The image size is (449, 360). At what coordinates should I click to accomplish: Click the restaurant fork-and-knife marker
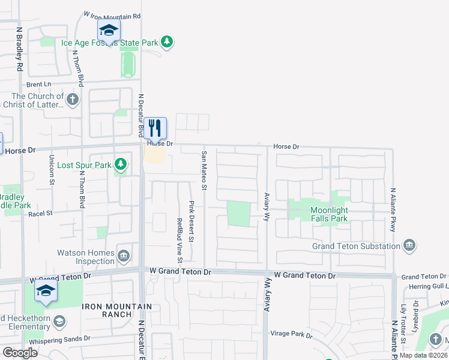(x=155, y=128)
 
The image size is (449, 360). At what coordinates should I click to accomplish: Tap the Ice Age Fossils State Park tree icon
(x=167, y=42)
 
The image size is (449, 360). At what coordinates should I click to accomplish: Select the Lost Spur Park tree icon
(x=121, y=164)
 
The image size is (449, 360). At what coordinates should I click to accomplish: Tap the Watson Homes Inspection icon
(x=124, y=256)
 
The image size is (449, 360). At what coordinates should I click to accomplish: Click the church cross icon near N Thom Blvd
(x=73, y=99)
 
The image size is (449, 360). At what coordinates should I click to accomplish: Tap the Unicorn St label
(x=51, y=170)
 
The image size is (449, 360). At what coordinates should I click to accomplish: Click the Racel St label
(x=41, y=213)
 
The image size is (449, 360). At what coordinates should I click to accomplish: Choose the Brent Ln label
(x=38, y=85)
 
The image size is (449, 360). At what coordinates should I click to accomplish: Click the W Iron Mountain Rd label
(x=112, y=16)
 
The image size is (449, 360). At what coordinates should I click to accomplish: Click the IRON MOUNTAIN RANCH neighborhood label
(x=107, y=310)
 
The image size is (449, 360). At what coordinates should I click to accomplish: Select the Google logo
(x=19, y=353)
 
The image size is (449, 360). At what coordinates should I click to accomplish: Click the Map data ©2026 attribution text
(x=423, y=355)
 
